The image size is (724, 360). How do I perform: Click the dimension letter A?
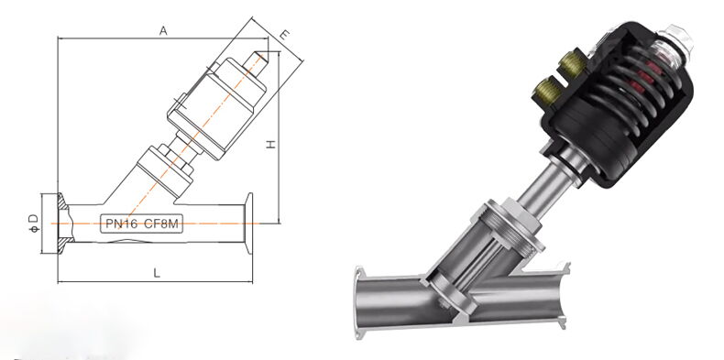[x=163, y=31]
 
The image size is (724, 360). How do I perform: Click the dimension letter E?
[x=285, y=35]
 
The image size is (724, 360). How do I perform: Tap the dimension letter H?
[x=271, y=144]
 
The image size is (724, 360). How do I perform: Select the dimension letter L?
[x=157, y=273]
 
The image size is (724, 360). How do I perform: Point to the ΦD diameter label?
[x=33, y=223]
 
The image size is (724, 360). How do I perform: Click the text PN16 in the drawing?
[x=122, y=224]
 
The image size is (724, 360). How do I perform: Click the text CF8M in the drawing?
[x=161, y=224]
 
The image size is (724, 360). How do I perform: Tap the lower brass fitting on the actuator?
[x=548, y=91]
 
